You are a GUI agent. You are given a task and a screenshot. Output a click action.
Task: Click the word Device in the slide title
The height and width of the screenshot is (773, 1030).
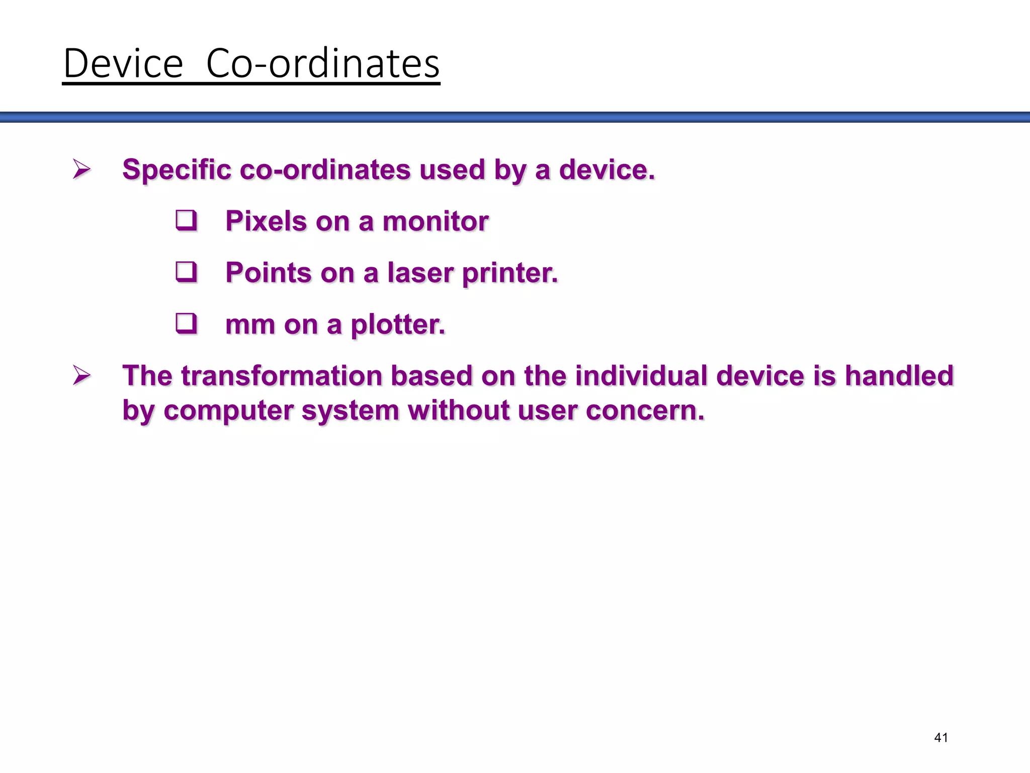(123, 63)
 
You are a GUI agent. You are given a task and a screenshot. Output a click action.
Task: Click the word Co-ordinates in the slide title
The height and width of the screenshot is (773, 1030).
(323, 63)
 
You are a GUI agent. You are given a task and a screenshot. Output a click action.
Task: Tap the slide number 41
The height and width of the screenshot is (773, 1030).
(940, 738)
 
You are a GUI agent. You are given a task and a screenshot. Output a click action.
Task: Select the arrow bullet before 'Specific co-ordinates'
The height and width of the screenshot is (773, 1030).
(81, 169)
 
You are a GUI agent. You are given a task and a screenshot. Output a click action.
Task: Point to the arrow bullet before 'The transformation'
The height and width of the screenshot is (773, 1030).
(81, 375)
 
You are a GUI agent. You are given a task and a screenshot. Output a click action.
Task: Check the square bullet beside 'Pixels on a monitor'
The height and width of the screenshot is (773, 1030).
(186, 221)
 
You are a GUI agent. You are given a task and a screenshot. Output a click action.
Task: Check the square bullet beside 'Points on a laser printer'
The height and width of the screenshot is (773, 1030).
(186, 272)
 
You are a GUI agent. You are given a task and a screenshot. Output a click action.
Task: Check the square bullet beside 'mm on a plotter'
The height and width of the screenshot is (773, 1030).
(186, 324)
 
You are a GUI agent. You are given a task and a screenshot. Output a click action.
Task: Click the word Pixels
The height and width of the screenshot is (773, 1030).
(266, 221)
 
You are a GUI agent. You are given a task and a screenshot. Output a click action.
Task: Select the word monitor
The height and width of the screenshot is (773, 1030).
(435, 221)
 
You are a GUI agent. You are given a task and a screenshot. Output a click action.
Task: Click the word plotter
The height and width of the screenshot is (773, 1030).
(397, 325)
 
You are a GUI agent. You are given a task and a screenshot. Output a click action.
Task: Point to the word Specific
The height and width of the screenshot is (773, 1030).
(177, 169)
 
